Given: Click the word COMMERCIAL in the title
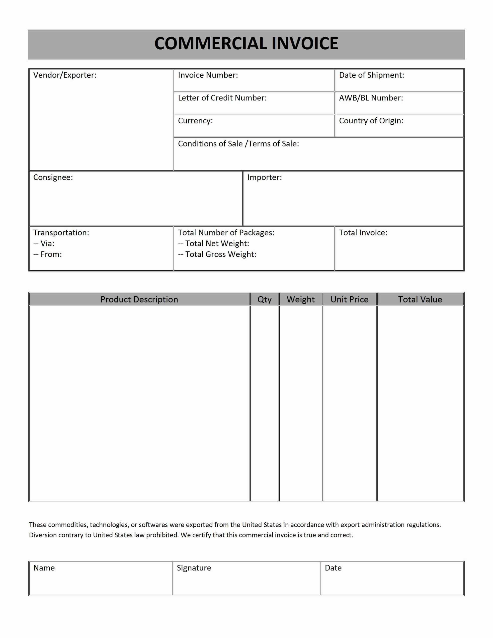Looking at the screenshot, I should pos(210,44).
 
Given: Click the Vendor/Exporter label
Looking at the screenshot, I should pos(65,75).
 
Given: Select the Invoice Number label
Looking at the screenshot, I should pos(208,75).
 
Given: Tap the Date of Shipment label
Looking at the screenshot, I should pos(371,75).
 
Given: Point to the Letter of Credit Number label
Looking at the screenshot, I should pos(222,98).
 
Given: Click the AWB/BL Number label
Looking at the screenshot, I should pos(371,98).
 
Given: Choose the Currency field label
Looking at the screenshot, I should pos(195,121).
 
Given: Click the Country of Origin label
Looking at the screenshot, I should pos(371,121).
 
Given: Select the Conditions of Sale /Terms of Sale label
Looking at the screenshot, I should pos(238,144).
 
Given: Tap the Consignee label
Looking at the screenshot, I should pos(53,177).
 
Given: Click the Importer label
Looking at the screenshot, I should pos(264,177).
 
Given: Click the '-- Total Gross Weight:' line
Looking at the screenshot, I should pos(217,254).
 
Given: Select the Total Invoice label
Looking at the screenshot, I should pos(363,233).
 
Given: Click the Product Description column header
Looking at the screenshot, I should pos(139,299).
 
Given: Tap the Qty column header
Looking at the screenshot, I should pos(264,299).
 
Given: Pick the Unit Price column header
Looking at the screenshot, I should pos(349,299).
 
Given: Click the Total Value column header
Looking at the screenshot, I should pos(420,299).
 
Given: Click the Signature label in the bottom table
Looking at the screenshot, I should pos(194,568).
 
